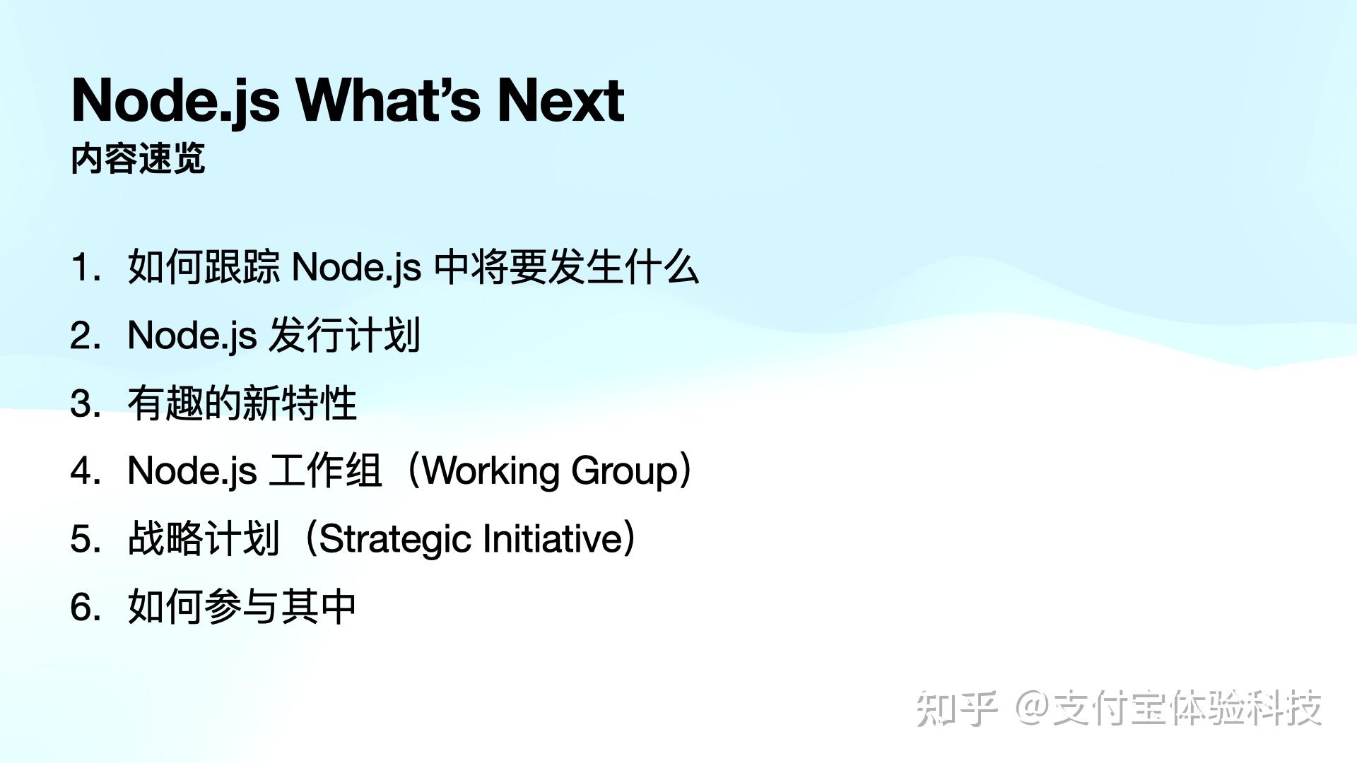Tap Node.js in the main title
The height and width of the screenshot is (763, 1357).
[176, 100]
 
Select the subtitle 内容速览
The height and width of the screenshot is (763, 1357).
[138, 158]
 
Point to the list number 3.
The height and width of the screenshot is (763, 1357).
[84, 404]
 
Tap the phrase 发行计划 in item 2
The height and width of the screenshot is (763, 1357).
[345, 336]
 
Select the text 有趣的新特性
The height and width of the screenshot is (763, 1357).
[242, 404]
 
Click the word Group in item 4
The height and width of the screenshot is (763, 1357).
[625, 471]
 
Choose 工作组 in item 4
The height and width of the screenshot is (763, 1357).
[325, 471]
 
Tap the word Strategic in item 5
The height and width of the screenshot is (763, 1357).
[396, 539]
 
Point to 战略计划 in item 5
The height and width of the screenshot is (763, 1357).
[204, 539]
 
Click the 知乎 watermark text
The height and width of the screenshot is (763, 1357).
[956, 708]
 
